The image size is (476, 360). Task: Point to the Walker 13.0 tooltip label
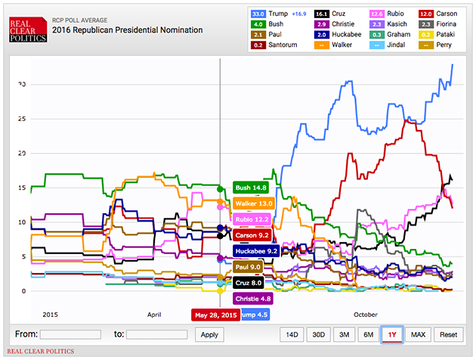pyautogui.click(x=254, y=203)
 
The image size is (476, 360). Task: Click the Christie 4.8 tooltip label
pyautogui.click(x=253, y=298)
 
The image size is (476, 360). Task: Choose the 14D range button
pyautogui.click(x=292, y=334)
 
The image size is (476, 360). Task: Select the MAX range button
pyautogui.click(x=418, y=334)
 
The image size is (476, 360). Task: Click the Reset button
pyautogui.click(x=449, y=334)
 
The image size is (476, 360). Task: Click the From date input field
pyautogui.click(x=70, y=334)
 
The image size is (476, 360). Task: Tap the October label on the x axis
pyautogui.click(x=366, y=314)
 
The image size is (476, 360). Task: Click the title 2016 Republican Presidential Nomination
pyautogui.click(x=128, y=30)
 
